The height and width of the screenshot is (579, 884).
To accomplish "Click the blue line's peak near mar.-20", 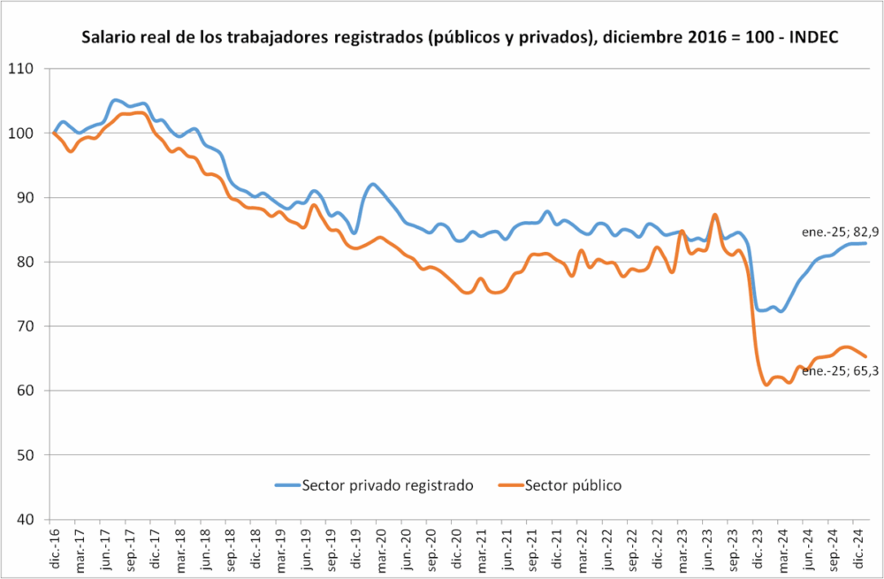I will [x=372, y=184].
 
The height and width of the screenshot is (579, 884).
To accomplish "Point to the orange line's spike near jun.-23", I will [x=714, y=215].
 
